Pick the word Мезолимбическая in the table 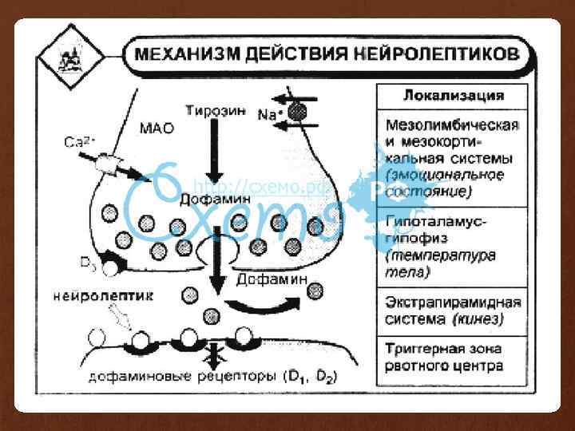pos(452,125)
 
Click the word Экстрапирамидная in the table pos(453,303)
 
